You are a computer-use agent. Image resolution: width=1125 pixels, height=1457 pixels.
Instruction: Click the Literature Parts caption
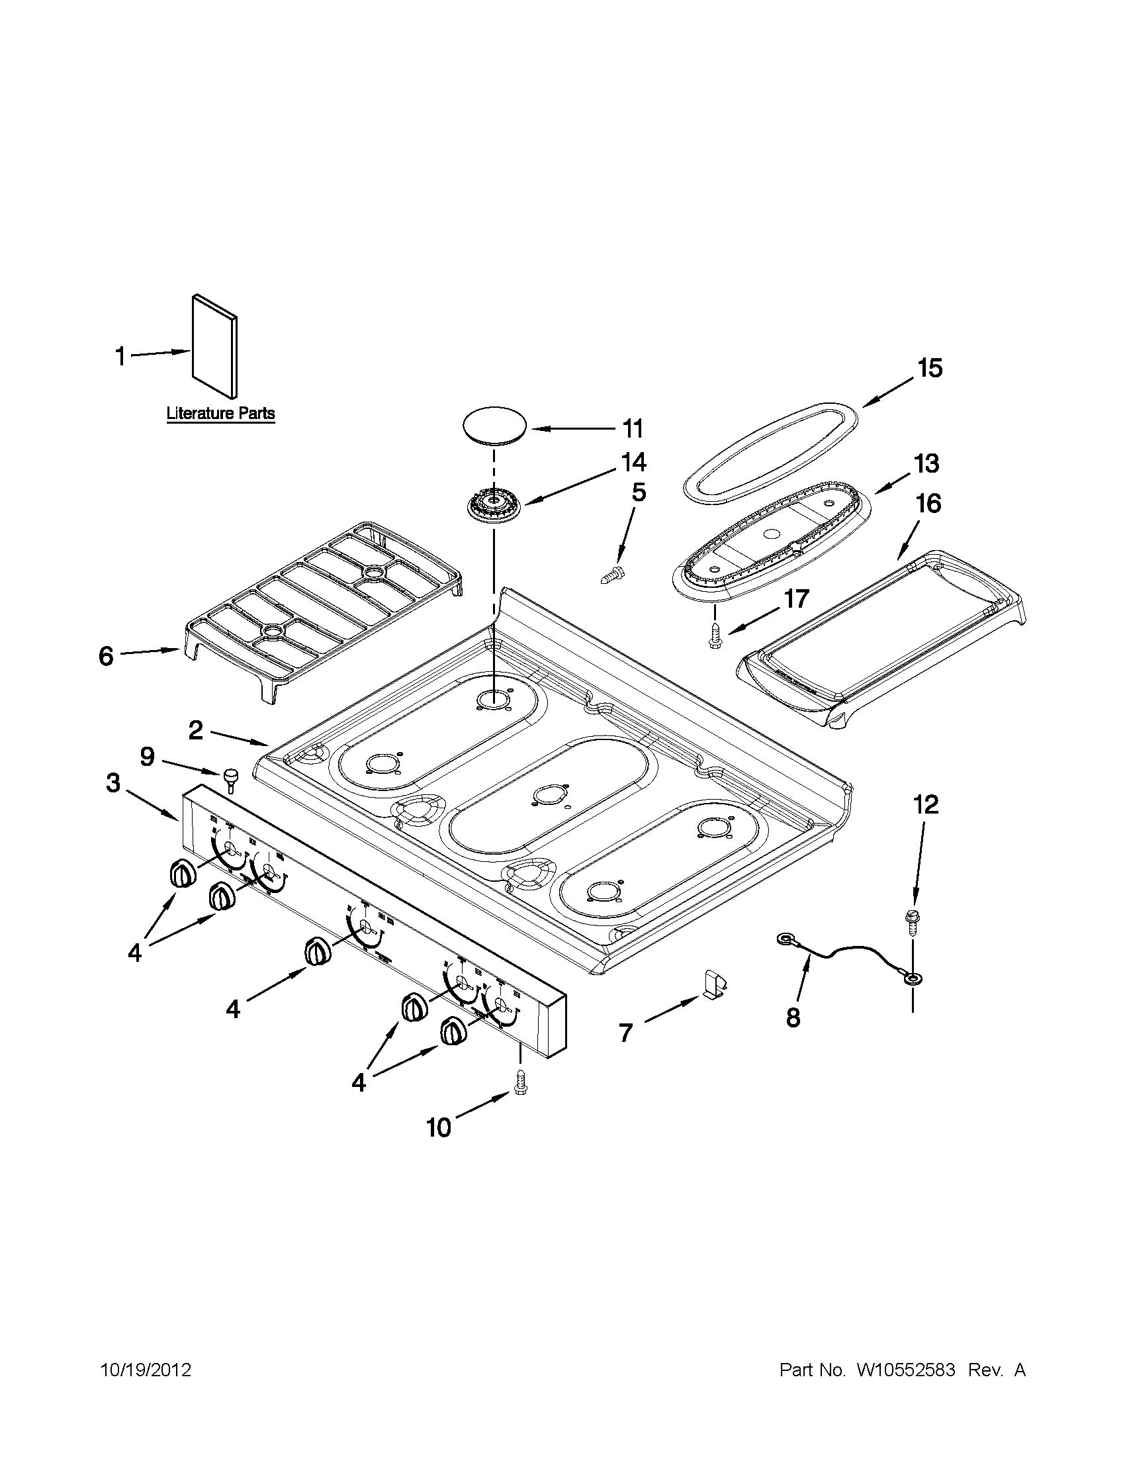220,414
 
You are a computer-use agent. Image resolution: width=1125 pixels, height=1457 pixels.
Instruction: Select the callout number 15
930,368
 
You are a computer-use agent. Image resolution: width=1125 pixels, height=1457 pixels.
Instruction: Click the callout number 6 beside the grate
107,656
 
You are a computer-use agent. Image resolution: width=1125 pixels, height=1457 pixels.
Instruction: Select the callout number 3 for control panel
113,782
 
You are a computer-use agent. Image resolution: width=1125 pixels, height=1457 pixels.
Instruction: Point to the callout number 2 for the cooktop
195,731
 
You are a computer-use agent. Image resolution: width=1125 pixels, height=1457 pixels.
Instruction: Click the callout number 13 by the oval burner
926,463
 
